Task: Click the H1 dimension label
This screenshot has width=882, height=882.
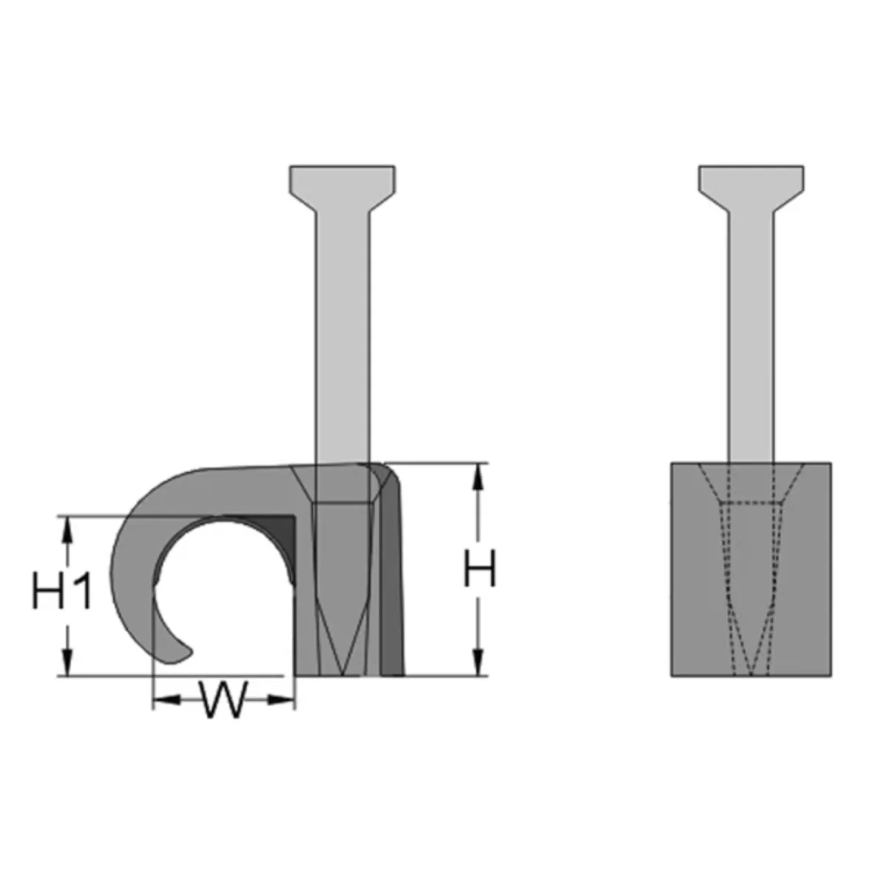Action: (62, 591)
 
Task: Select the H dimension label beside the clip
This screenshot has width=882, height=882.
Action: (479, 569)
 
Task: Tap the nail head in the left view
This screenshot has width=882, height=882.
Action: (342, 187)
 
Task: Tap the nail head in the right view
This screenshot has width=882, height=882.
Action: (750, 187)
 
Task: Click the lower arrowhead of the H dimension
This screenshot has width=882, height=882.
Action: (478, 661)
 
